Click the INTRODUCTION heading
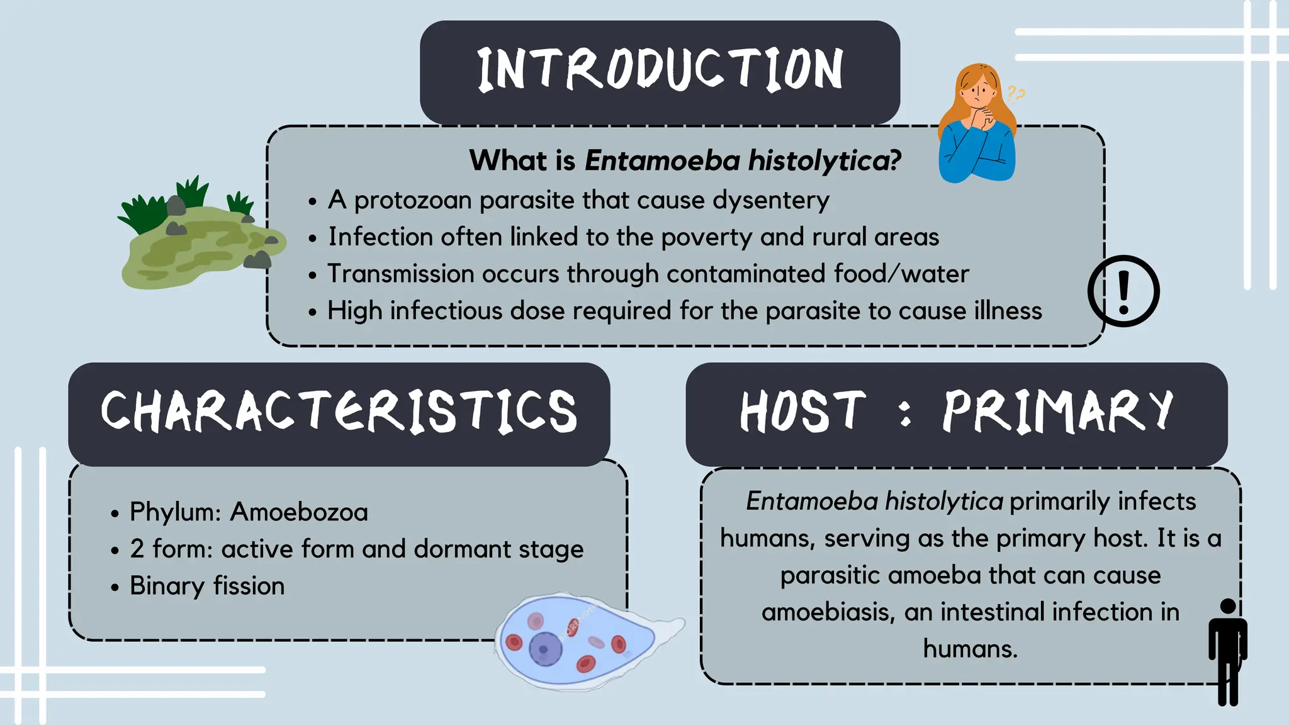pos(660,69)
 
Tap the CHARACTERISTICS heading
pos(339,412)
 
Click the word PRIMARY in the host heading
pos(1057,412)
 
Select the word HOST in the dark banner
pos(802,412)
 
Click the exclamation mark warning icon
pos(1123,291)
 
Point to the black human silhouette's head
pos(1228,606)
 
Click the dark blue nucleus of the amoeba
pos(545,649)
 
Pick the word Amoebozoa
pos(299,512)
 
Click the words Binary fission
pos(207,586)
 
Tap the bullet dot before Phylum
pos(115,514)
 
